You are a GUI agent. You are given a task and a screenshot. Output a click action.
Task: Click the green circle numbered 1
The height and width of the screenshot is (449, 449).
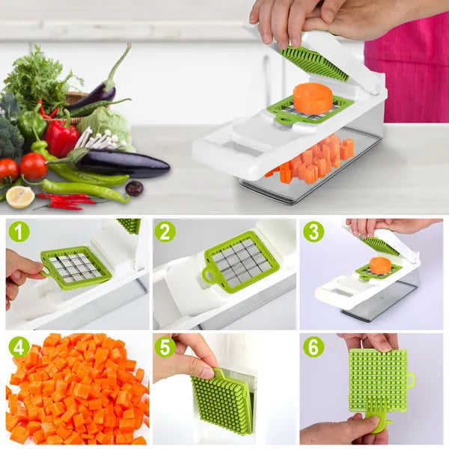pos(19,231)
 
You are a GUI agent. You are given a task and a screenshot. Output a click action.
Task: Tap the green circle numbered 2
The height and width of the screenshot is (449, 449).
pos(165,231)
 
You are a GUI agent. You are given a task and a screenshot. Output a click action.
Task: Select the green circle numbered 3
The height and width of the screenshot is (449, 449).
pos(314,231)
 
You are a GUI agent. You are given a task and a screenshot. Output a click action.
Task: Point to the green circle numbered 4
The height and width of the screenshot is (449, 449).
pos(19,347)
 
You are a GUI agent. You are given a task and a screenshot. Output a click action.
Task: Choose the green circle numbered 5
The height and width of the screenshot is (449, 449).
pos(165,347)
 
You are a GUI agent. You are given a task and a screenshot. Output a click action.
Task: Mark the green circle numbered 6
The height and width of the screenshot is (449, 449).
pos(314,347)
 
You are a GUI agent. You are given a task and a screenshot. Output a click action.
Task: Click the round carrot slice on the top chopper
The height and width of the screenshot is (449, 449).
pos(312,99)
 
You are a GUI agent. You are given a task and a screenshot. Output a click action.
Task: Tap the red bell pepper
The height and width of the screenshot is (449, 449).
pos(61,138)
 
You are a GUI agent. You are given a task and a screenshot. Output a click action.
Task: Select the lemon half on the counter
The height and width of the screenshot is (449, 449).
pos(20,197)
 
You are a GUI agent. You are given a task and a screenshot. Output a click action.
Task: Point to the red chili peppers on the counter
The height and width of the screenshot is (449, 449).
pos(67,201)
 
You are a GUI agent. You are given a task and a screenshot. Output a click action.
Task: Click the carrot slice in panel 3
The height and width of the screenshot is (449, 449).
pos(380,265)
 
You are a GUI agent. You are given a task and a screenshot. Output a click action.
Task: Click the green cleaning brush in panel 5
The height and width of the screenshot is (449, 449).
pos(222,400)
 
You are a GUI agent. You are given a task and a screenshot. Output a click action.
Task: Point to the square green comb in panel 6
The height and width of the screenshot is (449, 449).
pos(378,380)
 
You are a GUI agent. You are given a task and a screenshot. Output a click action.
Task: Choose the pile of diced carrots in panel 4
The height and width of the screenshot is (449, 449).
pos(79,389)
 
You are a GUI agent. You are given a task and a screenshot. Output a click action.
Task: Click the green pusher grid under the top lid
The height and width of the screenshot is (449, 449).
pos(315,62)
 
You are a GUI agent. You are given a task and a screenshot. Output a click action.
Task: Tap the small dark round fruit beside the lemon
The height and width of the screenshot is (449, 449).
pos(134,189)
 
